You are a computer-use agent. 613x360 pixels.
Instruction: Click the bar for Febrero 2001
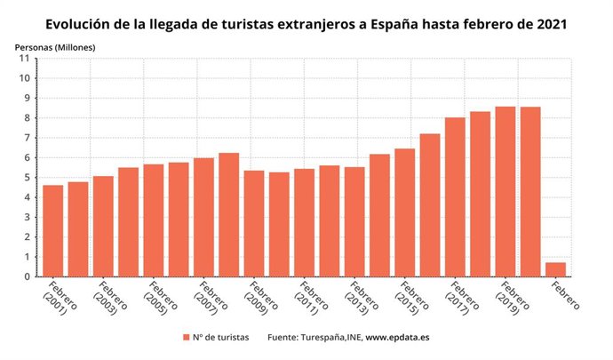click(53, 231)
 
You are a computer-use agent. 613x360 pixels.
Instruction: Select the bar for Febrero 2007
click(203, 218)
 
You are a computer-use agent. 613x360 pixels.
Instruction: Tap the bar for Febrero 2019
click(505, 192)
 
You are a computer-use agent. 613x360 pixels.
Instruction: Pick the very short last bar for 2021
click(555, 269)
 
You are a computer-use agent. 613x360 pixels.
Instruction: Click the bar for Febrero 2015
click(404, 212)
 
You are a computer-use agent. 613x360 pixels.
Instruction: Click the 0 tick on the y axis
click(27, 277)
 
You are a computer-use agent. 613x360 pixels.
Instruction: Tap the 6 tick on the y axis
click(27, 158)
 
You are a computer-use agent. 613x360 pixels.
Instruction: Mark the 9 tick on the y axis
click(27, 99)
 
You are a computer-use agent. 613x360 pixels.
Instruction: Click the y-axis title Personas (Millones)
click(54, 45)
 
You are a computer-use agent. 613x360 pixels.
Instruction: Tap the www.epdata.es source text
click(398, 338)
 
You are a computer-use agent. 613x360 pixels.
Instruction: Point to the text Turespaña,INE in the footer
click(330, 338)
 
